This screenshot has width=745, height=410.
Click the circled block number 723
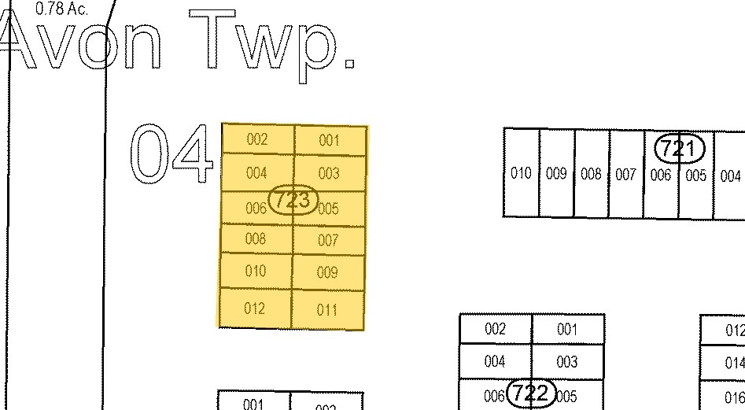(293, 200)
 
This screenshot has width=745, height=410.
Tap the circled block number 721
(679, 148)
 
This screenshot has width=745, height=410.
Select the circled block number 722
(532, 393)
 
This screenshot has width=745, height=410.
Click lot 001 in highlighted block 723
(329, 141)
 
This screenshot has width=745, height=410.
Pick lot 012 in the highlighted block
(255, 308)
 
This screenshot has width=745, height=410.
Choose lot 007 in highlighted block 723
(328, 241)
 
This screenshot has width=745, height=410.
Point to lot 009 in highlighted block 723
(327, 273)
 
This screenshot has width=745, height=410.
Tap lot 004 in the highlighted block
(256, 173)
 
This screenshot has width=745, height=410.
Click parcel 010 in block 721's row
(521, 173)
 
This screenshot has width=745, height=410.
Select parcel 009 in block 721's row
(556, 174)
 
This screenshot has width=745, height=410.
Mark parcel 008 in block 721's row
(591, 174)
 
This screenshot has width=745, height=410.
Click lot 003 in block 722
(566, 362)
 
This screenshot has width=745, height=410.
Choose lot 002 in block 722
(495, 329)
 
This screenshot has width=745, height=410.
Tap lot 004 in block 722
(495, 362)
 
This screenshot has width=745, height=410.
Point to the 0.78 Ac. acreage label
(62, 9)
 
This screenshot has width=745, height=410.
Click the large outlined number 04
(171, 153)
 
